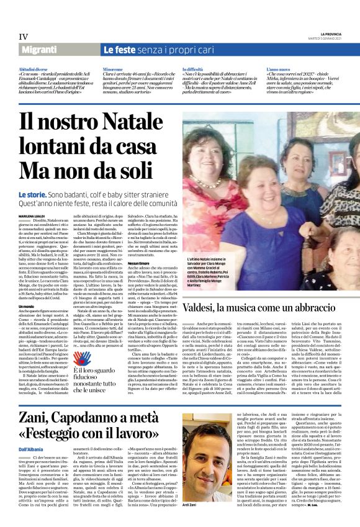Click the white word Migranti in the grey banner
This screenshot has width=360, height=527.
(x=41, y=50)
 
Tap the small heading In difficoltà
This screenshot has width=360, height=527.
(x=193, y=68)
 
